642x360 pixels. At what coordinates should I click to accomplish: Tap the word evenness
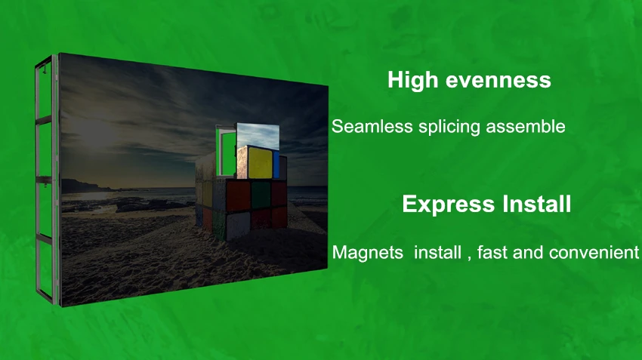click(x=498, y=81)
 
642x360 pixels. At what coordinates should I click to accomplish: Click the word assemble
click(x=526, y=126)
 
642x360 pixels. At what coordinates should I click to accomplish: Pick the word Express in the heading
click(x=449, y=205)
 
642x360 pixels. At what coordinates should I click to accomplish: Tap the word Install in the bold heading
click(x=537, y=203)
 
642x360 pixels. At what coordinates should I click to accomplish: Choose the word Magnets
click(x=368, y=252)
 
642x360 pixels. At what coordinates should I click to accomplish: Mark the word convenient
click(x=594, y=252)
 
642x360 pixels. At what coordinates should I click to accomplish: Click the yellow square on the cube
click(x=260, y=163)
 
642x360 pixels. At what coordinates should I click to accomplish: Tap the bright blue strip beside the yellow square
click(x=276, y=165)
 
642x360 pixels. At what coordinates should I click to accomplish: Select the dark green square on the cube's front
click(x=261, y=195)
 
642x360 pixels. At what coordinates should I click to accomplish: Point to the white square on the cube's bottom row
click(x=238, y=226)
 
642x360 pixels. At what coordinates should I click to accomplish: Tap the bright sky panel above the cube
click(x=258, y=135)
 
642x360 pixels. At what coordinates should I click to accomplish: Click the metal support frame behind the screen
click(x=46, y=180)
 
